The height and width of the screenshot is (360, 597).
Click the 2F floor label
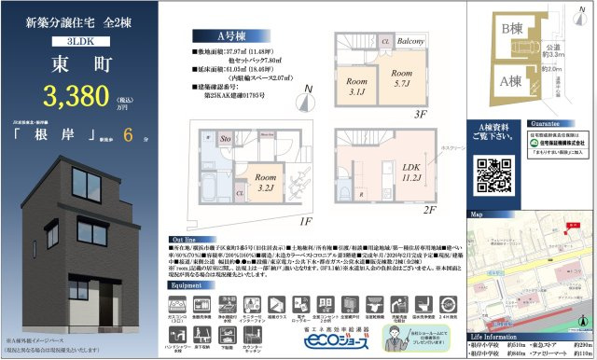[430, 211]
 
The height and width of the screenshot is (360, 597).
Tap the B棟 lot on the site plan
[512, 31]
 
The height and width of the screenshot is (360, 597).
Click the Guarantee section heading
[548, 122]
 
